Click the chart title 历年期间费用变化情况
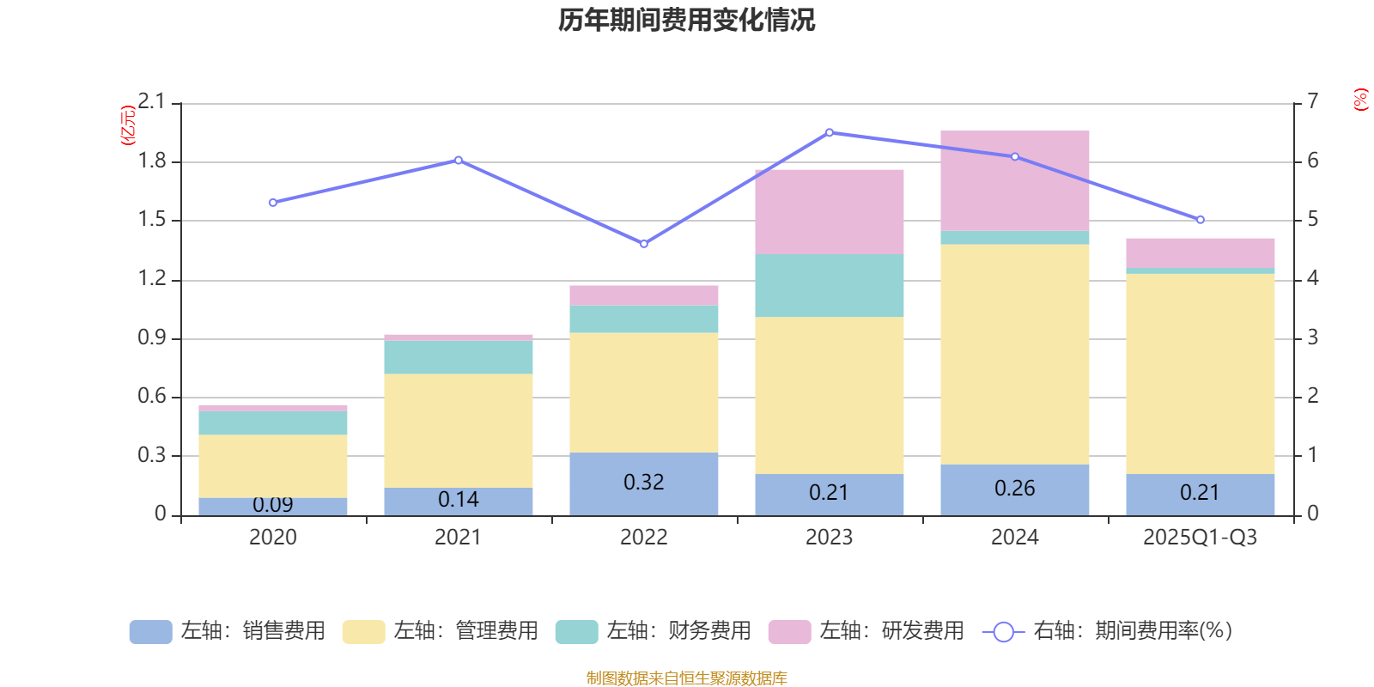(x=686, y=20)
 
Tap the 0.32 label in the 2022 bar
(x=643, y=483)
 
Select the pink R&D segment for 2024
(x=1014, y=180)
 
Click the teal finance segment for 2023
(x=829, y=285)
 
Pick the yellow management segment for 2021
(x=458, y=430)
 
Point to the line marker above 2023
(x=830, y=132)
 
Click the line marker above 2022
(x=644, y=244)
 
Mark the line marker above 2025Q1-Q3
(x=1201, y=220)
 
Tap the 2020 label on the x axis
(x=272, y=538)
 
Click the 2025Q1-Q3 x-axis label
(x=1200, y=538)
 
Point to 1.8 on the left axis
(x=152, y=161)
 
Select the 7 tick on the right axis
(x=1312, y=102)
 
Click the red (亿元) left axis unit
(x=128, y=125)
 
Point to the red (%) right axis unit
(x=1360, y=100)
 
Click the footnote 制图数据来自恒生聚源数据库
(x=686, y=678)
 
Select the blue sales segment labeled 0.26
(x=1014, y=489)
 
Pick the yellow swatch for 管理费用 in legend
(x=363, y=632)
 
